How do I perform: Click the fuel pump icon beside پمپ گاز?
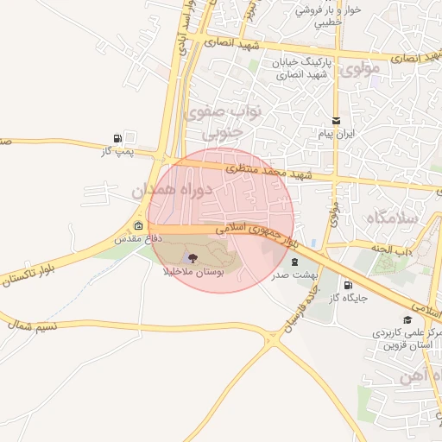tap(117, 137)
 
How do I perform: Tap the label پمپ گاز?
tap(119, 151)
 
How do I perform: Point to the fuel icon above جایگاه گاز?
tap(348, 285)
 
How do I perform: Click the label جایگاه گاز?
tap(345, 299)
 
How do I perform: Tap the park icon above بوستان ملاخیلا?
tap(193, 256)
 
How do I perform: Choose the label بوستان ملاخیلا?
tap(194, 271)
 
